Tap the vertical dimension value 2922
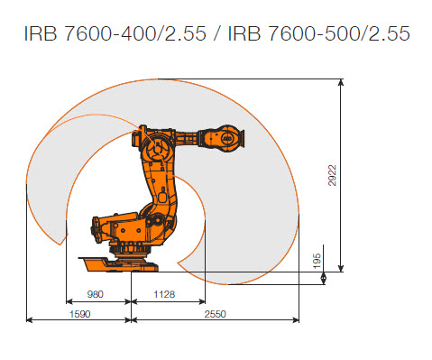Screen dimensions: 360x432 tap(332, 172)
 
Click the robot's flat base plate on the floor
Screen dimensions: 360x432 tap(117, 263)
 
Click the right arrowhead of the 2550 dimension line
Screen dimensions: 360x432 tap(298, 318)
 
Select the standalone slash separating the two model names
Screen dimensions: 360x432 tap(217, 34)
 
